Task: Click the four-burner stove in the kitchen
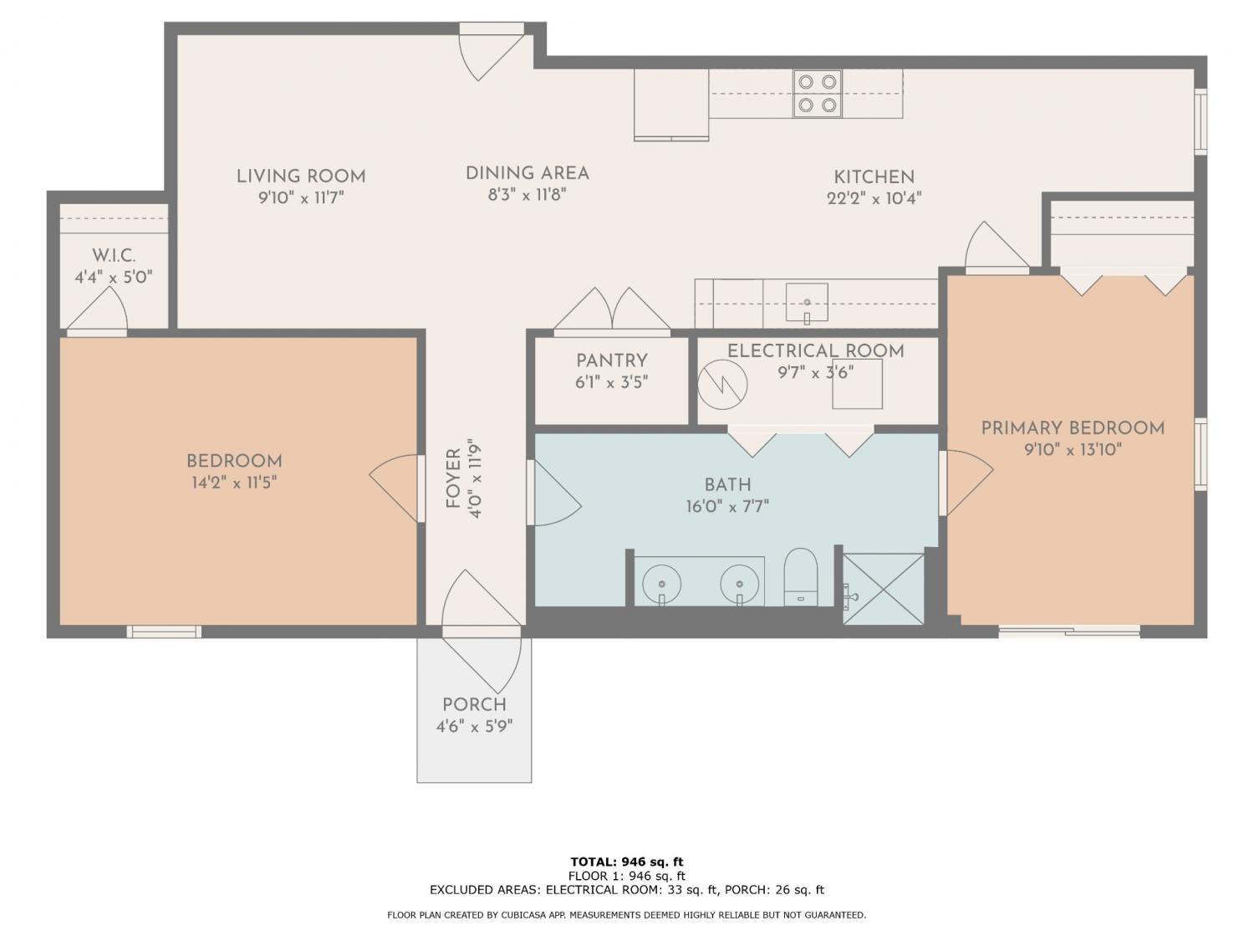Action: [817, 94]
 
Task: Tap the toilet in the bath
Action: [800, 577]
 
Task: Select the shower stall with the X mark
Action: [883, 589]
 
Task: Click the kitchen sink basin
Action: [807, 302]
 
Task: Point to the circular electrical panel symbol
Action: [722, 385]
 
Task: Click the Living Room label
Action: [301, 176]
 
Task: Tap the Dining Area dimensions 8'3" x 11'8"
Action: [527, 195]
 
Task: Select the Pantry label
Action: [612, 361]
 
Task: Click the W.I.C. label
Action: [115, 255]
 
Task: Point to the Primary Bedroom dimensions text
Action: [1073, 450]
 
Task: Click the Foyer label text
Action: [453, 478]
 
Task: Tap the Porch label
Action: [474, 704]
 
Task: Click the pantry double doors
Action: [612, 309]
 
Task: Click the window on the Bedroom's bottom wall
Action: [164, 632]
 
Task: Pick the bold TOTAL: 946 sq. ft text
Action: [627, 862]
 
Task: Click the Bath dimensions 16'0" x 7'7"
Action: [727, 506]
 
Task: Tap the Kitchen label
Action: [874, 177]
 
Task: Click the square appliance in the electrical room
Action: [857, 384]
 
